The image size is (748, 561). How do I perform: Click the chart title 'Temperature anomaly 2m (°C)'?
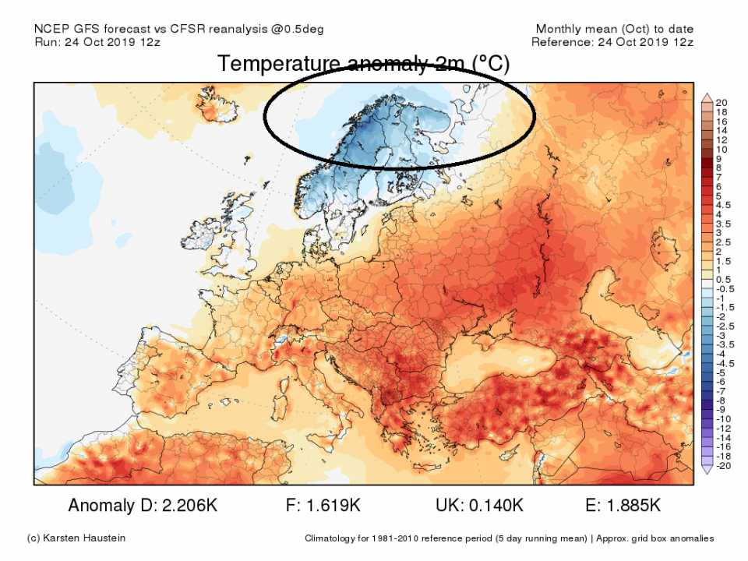click(x=363, y=64)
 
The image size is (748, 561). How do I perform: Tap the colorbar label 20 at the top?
click(x=722, y=102)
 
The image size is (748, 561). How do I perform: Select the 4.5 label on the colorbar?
click(x=724, y=206)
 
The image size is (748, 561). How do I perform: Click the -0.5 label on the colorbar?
click(x=725, y=288)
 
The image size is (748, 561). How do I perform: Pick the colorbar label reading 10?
click(x=722, y=149)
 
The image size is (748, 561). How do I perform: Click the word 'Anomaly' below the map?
click(x=101, y=506)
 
